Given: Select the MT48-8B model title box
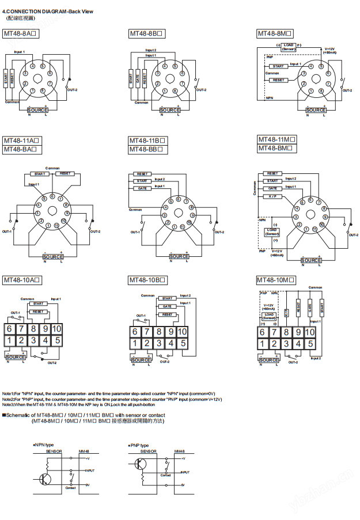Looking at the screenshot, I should tap(147, 34).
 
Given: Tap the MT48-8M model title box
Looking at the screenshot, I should tap(275, 34).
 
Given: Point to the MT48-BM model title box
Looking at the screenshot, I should tap(277, 148).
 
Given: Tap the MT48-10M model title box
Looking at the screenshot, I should tap(276, 280).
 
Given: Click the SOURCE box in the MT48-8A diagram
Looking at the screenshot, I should tap(38, 109).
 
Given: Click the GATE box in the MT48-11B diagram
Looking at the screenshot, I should tap(142, 188).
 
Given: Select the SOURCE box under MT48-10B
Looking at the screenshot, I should tap(141, 360).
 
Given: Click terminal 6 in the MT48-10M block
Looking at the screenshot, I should tap(262, 332).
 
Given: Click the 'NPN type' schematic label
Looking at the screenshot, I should tap(44, 445).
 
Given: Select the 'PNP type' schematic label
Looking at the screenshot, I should tap(139, 445).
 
